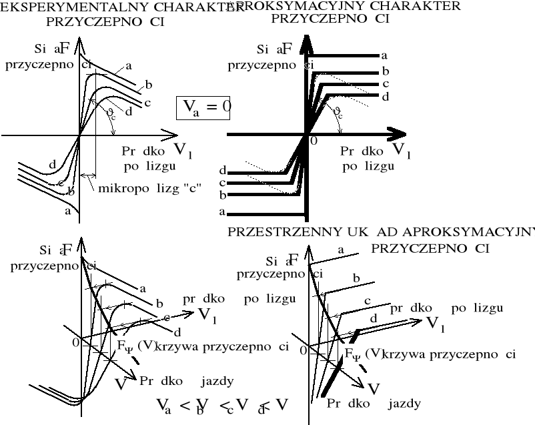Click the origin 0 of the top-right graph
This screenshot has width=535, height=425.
(x=314, y=141)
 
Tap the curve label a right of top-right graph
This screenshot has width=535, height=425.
(x=384, y=56)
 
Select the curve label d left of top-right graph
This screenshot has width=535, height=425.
(x=223, y=171)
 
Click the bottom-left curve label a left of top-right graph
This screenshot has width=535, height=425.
(x=223, y=213)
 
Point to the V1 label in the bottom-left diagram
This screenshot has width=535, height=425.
(x=206, y=315)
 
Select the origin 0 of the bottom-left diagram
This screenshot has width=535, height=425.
(x=75, y=342)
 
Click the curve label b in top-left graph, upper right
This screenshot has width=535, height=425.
(x=149, y=85)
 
